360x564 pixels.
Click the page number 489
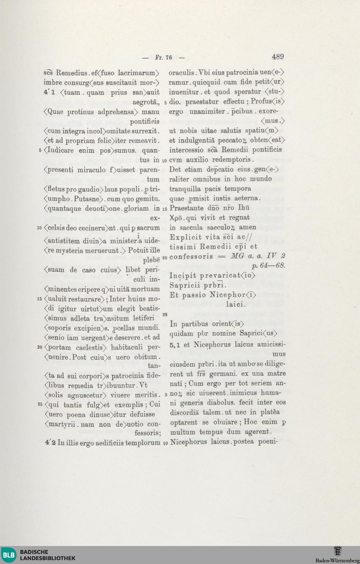278,56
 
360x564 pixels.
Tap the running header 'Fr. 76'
163,58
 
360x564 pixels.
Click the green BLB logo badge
9,555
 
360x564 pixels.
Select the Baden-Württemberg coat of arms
337,551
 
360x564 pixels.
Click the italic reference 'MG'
238,256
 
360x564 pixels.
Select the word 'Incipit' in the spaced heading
183,276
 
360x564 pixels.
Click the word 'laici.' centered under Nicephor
235,304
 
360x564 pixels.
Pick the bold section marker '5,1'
175,345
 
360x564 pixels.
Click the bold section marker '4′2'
50,443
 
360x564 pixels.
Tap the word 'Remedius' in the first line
71,73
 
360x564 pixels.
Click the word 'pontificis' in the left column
145,122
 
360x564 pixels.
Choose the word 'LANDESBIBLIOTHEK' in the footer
48,558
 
